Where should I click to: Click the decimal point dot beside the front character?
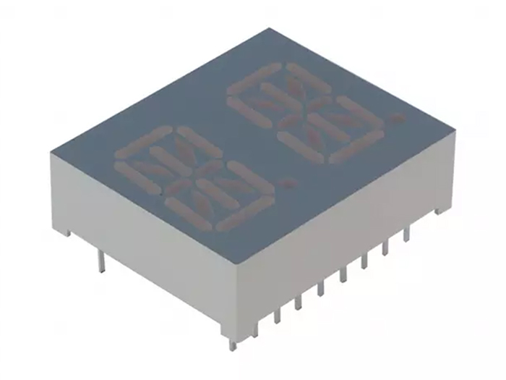coord(288,183)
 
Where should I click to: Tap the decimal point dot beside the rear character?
coord(393,116)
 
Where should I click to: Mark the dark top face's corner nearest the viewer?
coord(233,251)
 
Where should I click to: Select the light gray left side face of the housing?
coord(137,232)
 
